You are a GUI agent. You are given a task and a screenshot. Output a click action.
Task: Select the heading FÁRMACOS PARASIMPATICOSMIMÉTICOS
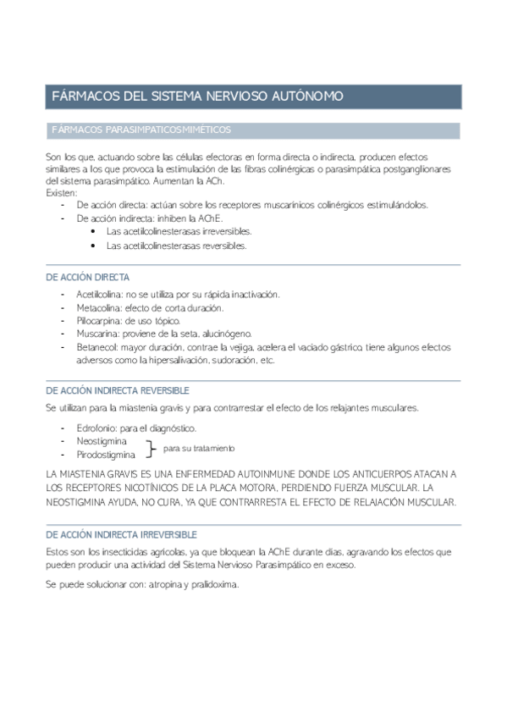(141, 130)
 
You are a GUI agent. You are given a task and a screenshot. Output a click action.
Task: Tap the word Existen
(61, 193)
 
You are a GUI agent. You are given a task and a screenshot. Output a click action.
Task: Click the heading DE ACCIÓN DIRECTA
(87, 278)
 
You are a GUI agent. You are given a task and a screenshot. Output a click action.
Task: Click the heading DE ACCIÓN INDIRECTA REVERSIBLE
(117, 390)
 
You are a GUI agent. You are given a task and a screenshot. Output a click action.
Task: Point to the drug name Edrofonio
(95, 428)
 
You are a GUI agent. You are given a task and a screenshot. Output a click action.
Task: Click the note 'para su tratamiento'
(199, 448)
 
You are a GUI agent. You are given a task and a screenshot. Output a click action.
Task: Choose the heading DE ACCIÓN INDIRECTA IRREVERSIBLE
(121, 534)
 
